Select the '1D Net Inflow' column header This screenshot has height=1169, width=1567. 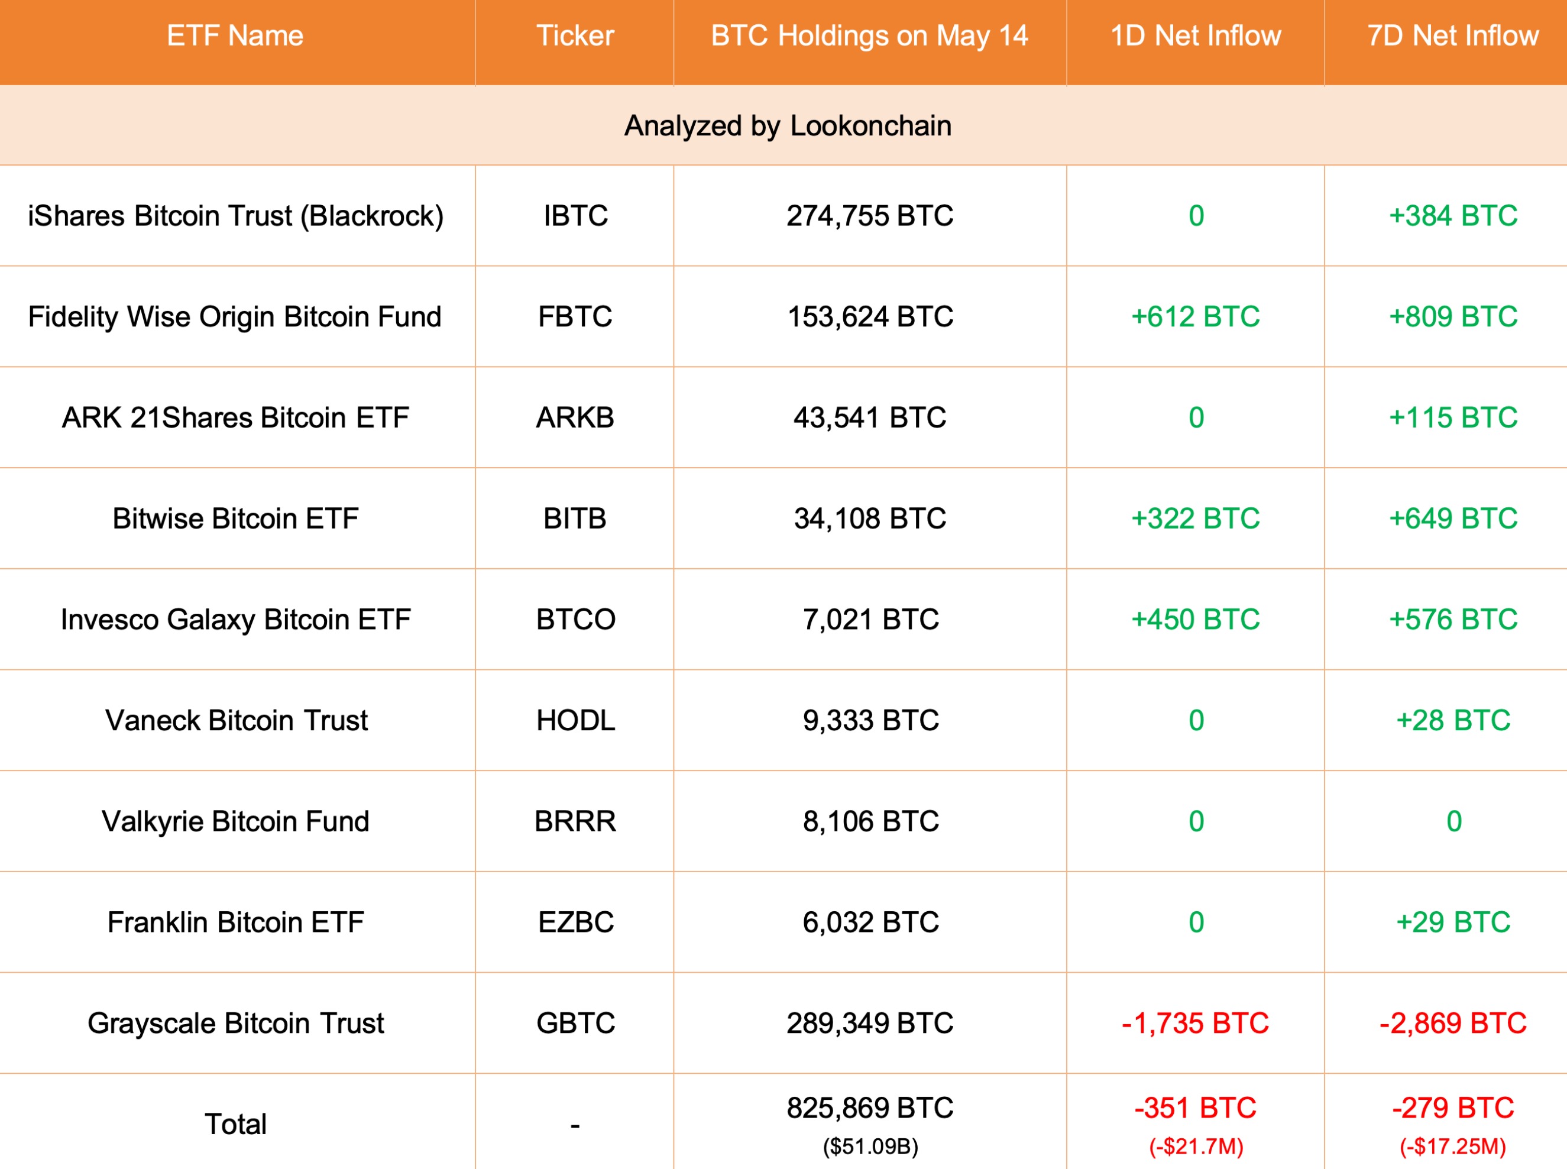point(1195,36)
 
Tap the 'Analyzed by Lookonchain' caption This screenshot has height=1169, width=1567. point(788,126)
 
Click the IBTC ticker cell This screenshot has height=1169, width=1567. point(575,216)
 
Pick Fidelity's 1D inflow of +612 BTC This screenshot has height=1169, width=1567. point(1195,317)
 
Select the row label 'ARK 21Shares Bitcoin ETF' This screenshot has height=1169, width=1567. point(235,417)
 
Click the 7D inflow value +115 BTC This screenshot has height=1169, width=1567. point(1452,417)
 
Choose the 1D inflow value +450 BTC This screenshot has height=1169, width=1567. point(1195,620)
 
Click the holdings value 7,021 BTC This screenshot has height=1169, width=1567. point(870,620)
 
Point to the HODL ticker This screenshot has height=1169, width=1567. point(575,720)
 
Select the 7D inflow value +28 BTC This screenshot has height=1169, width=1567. point(1452,720)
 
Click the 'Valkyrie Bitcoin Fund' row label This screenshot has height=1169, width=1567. point(235,821)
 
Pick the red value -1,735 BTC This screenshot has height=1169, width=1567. point(1195,1023)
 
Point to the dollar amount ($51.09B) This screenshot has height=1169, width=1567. point(870,1147)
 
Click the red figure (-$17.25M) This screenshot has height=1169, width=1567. point(1452,1147)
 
